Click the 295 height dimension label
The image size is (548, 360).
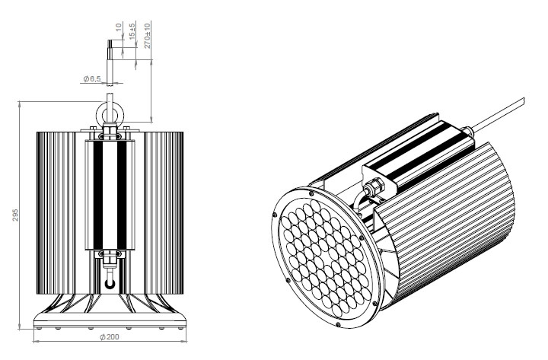tap(15, 215)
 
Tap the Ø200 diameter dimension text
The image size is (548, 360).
tap(110, 337)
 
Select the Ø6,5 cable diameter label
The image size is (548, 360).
tap(92, 79)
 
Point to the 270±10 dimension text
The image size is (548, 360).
tap(148, 35)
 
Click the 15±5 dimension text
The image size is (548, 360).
tap(132, 30)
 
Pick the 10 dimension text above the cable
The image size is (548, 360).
tap(119, 27)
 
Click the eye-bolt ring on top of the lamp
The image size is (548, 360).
tap(110, 113)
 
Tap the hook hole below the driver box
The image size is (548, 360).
tap(110, 283)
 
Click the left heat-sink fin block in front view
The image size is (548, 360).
tap(56, 213)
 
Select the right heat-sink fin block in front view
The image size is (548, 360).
tap(164, 213)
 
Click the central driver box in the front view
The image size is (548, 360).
tap(110, 195)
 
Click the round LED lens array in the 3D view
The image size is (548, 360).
tap(324, 260)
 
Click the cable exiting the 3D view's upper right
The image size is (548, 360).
tap(498, 114)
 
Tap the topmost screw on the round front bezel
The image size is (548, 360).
tap(311, 193)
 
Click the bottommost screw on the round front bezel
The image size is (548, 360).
tap(338, 325)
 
